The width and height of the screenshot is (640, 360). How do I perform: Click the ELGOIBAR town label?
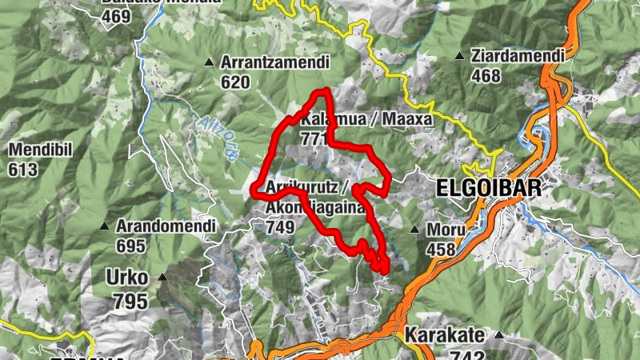[489, 189]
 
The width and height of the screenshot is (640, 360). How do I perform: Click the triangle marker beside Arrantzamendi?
[210, 62]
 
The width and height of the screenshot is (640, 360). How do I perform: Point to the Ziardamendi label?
[518, 56]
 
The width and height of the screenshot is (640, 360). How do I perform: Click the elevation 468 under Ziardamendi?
[486, 76]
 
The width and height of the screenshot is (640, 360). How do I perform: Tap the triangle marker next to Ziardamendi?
[459, 56]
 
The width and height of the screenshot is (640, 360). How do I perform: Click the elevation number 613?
[24, 169]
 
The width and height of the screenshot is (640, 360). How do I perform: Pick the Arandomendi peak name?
[166, 226]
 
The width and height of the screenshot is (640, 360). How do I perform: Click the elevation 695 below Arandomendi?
[131, 246]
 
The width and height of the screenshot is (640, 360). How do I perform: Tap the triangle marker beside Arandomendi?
[104, 226]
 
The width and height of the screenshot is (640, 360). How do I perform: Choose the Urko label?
[126, 278]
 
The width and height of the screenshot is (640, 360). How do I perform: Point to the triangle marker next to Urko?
[163, 278]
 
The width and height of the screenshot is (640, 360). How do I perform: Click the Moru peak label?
[446, 230]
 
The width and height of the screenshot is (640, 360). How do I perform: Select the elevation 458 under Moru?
[441, 249]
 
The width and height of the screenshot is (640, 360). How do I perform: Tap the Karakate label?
[444, 334]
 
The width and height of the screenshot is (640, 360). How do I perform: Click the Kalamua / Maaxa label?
[366, 120]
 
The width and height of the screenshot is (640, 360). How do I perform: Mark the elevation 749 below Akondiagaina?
[281, 227]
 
